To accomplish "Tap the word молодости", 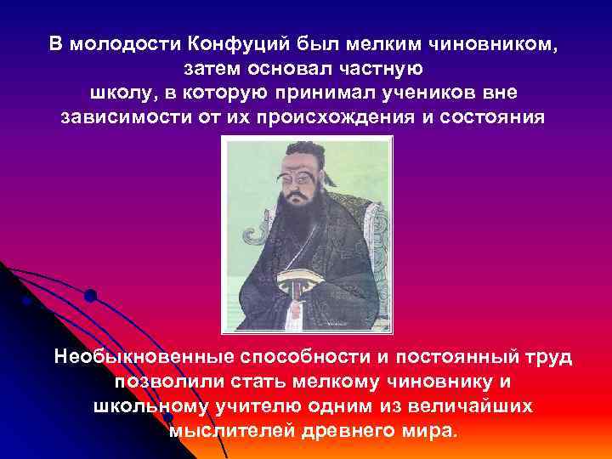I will [121, 43].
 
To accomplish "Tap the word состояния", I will [491, 115].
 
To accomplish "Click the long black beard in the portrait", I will [297, 229].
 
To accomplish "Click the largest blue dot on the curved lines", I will [90, 296].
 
